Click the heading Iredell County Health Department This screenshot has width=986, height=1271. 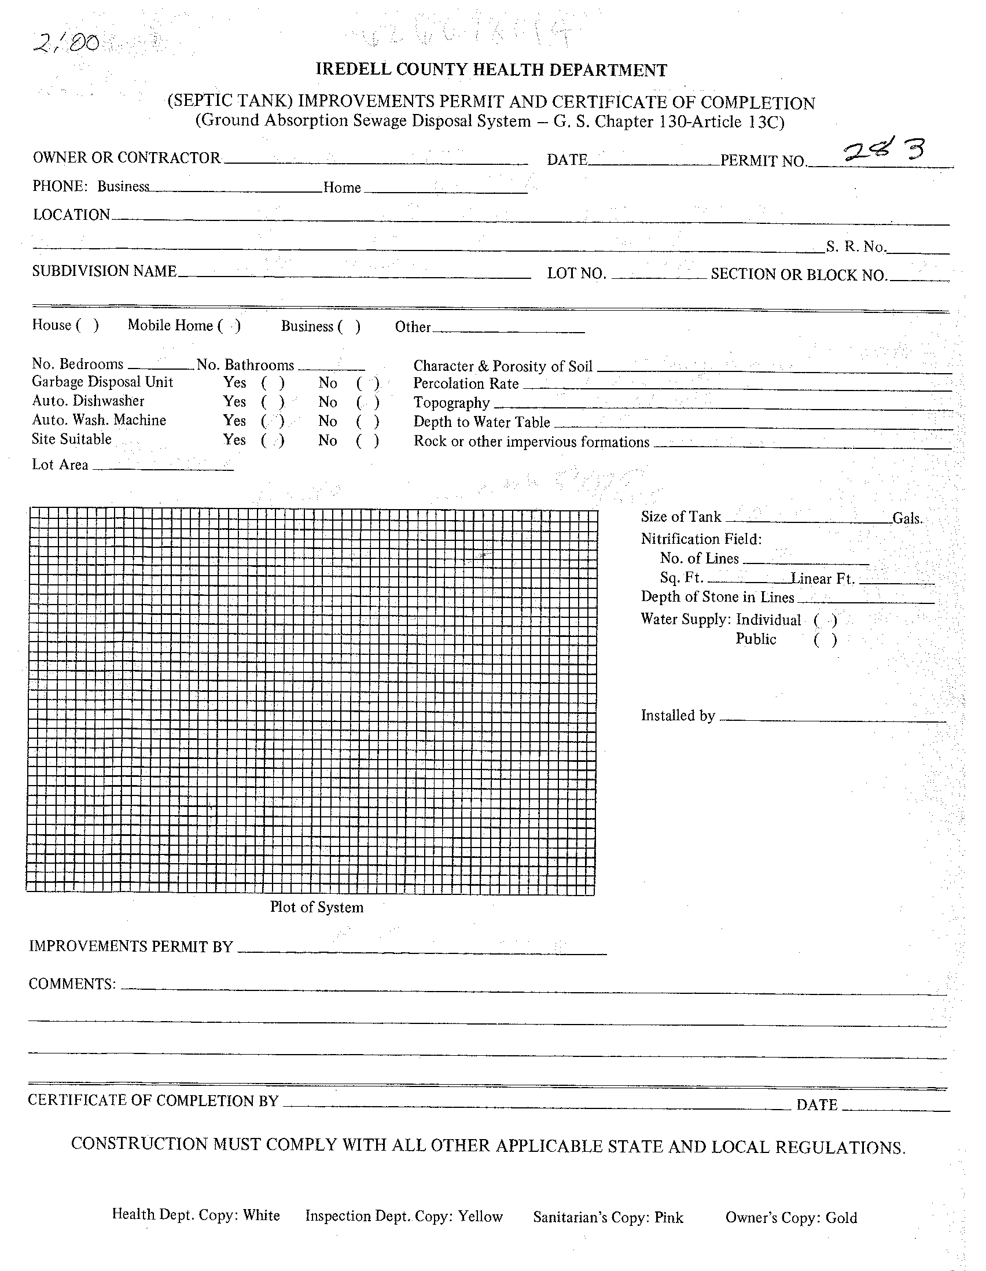(491, 71)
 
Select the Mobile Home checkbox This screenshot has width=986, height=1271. (229, 326)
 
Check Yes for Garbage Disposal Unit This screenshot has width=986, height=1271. (273, 383)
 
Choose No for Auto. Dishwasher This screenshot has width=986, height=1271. (368, 403)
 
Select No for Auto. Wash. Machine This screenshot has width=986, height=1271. (368, 421)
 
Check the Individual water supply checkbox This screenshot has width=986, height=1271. (825, 620)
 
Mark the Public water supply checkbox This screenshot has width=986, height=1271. (825, 640)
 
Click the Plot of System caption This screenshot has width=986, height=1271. (317, 907)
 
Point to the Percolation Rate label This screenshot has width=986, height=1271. (466, 384)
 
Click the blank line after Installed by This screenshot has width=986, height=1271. (832, 719)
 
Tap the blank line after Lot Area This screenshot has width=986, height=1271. (163, 467)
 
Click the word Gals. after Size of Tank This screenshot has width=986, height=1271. (907, 518)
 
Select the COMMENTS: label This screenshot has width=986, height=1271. (72, 983)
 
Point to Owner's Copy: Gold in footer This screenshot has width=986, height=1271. (791, 1217)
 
